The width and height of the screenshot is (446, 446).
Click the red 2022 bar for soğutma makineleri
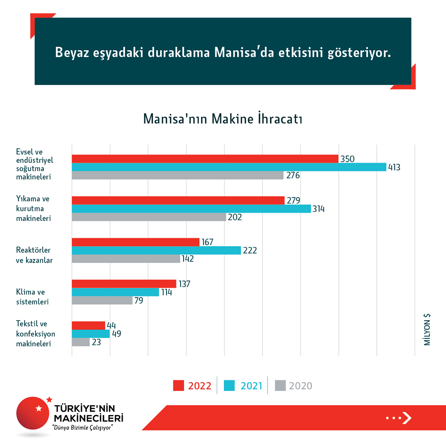(x=205, y=159)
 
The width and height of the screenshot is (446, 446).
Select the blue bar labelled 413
(x=229, y=167)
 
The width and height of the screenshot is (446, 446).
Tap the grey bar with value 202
(x=149, y=217)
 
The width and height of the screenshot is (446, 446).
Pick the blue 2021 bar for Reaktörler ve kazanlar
(x=156, y=250)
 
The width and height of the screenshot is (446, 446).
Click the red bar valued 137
(x=124, y=284)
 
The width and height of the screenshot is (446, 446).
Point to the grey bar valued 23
(x=81, y=342)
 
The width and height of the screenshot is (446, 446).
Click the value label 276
(x=293, y=176)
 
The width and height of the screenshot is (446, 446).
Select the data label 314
(x=318, y=209)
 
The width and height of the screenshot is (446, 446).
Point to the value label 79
(x=139, y=301)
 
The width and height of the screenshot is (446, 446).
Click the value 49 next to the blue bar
(x=116, y=334)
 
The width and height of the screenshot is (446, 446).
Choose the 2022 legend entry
(x=192, y=386)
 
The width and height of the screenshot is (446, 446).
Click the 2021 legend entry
(x=243, y=386)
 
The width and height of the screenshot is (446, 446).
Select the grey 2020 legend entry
(x=294, y=386)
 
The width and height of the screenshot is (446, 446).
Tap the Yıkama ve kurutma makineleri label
(x=33, y=209)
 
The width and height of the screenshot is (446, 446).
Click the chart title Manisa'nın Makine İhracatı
(x=223, y=119)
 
